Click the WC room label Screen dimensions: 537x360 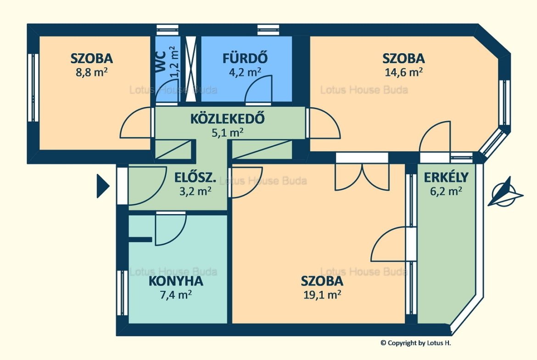[x=161, y=61]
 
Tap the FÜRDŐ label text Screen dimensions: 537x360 [x=245, y=58]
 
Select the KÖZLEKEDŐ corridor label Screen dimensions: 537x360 [x=227, y=118]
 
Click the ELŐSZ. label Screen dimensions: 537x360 [x=195, y=177]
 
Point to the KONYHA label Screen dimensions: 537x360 [x=176, y=281]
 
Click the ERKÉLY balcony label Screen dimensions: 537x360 [x=446, y=177]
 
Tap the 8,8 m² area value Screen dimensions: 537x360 [x=92, y=72]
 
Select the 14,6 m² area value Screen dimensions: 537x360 [x=404, y=72]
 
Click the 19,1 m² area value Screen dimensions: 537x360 [x=322, y=294]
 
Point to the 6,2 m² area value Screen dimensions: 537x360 [x=446, y=191]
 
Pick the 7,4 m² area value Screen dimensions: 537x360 [x=176, y=294]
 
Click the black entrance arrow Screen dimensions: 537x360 [x=103, y=186]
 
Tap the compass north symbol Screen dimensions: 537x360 [x=504, y=193]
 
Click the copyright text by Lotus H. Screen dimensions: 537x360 [x=415, y=343]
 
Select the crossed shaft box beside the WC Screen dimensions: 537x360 [x=191, y=68]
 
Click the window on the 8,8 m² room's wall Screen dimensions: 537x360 [x=33, y=88]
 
